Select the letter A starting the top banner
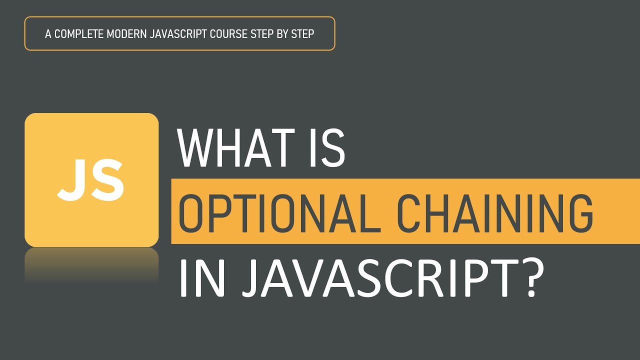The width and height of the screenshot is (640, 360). [48, 34]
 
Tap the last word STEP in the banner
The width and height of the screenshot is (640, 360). [303, 34]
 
